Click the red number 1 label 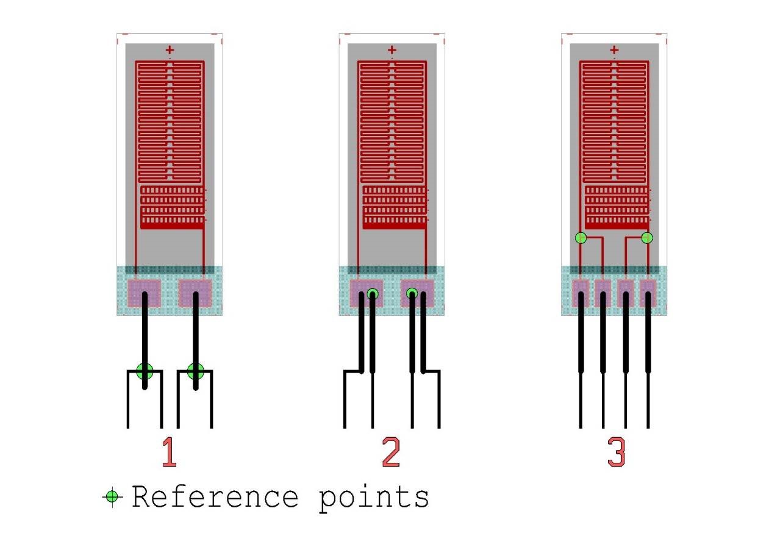(169, 453)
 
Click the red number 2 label (391, 453)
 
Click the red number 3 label (616, 453)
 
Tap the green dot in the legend (112, 497)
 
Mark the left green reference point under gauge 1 (145, 371)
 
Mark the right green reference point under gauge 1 (195, 371)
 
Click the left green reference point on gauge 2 (373, 295)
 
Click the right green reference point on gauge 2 (412, 294)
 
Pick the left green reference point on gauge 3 (581, 238)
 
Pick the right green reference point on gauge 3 (647, 238)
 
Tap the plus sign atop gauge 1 (170, 50)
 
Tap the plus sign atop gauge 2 (392, 50)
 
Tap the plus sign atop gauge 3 (614, 50)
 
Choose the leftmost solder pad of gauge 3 (581, 293)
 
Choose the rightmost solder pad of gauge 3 (648, 293)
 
